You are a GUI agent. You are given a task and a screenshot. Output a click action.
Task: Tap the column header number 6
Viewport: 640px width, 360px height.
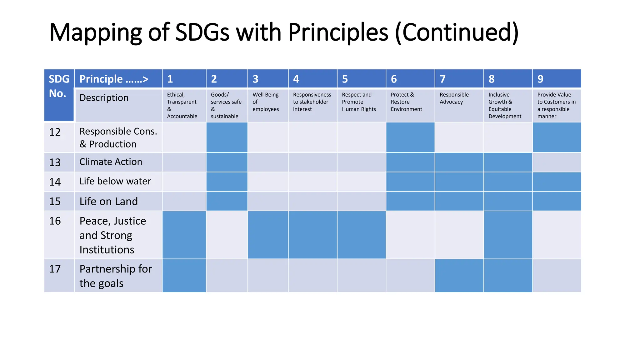pos(394,79)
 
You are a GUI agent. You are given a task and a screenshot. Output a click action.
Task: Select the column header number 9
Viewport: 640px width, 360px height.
pos(540,79)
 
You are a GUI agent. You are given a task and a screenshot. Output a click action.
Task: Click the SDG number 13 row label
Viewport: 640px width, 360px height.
pos(55,162)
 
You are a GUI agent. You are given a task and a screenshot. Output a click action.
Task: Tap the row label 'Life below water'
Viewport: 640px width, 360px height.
pos(115,181)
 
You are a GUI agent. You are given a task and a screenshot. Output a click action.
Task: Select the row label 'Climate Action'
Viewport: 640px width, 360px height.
pos(111,162)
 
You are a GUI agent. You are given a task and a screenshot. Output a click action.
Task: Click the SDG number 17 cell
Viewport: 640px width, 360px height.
pos(55,269)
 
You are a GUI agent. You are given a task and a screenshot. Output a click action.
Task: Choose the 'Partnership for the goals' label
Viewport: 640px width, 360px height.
pos(116,276)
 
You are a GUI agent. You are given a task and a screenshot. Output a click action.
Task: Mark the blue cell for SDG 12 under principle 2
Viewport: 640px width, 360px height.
pos(227,137)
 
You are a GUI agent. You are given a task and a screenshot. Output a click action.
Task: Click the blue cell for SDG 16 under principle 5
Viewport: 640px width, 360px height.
pos(362,235)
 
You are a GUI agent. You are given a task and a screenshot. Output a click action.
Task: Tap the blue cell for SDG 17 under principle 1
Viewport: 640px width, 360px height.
pos(184,276)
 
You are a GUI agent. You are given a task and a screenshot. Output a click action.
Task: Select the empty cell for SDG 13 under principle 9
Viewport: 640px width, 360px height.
pos(557,162)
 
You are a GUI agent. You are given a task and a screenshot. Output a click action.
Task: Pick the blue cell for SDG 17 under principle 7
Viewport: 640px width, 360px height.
pos(459,276)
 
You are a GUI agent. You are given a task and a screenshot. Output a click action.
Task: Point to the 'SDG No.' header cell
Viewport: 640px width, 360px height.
pos(59,86)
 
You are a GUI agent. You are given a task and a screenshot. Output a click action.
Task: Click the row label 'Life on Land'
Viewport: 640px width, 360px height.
pos(108,202)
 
